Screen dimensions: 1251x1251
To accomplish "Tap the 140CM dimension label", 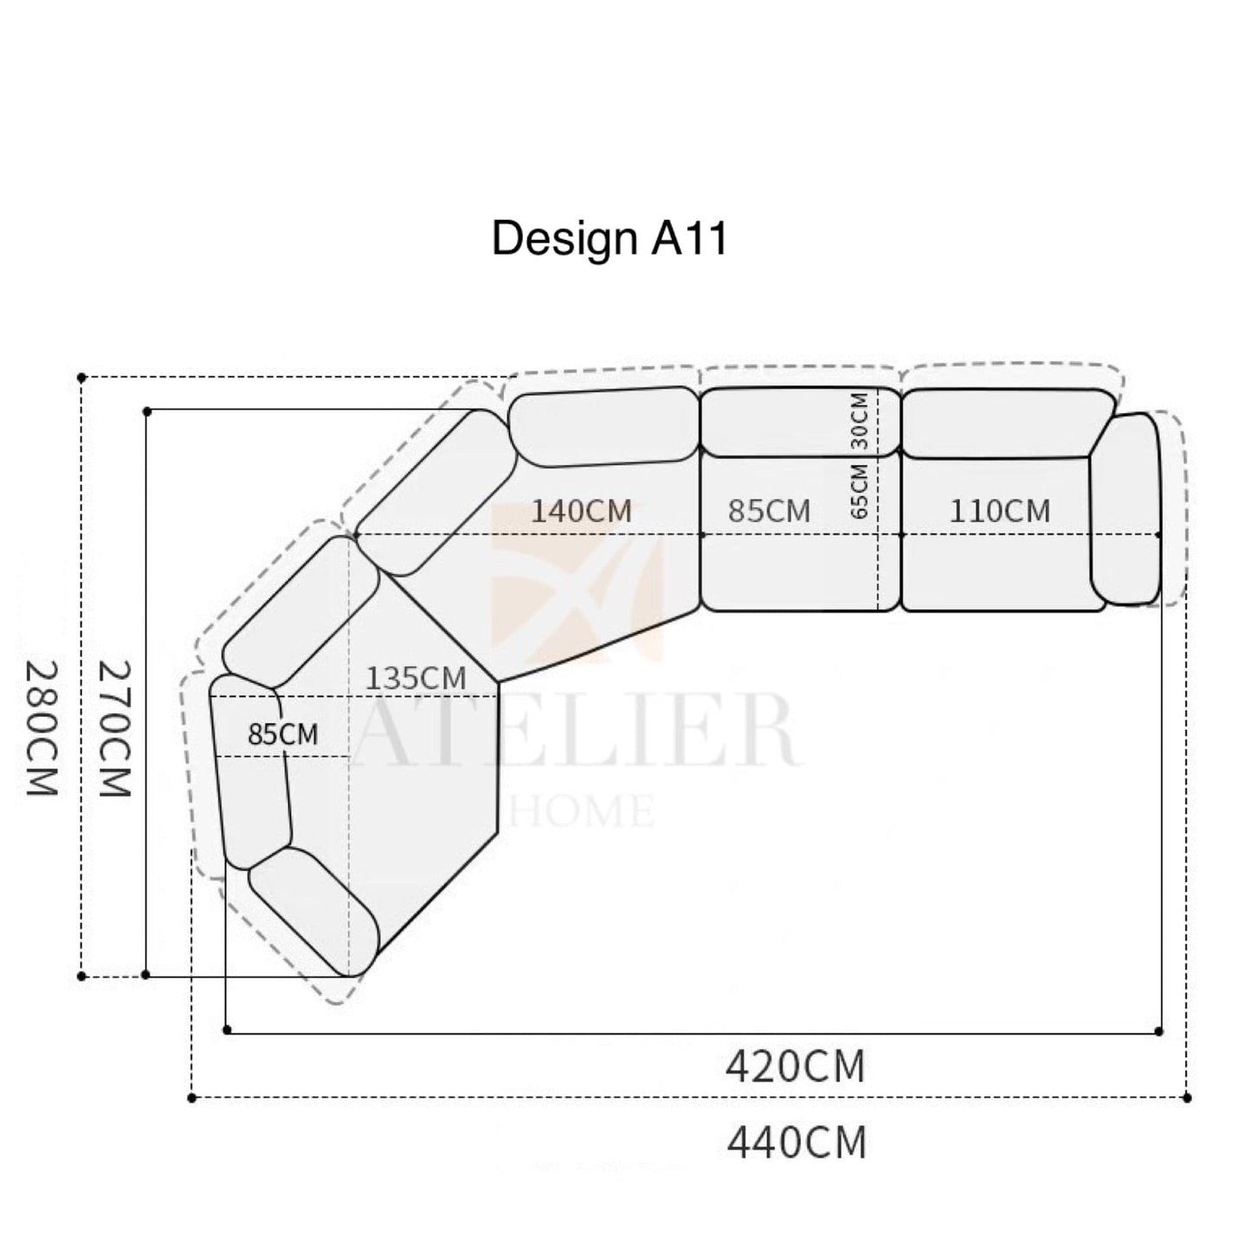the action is (x=581, y=511).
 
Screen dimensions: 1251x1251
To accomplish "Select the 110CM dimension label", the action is (x=1000, y=511).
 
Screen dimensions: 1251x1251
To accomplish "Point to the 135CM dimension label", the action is (x=416, y=679).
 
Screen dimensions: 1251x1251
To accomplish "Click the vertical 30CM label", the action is (x=860, y=422).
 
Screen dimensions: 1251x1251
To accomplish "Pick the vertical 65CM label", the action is (x=860, y=491).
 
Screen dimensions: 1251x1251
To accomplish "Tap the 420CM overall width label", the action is (x=796, y=1067).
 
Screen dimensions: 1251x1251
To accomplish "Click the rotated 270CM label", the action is (x=115, y=728).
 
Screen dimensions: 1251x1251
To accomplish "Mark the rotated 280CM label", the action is (x=42, y=728).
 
